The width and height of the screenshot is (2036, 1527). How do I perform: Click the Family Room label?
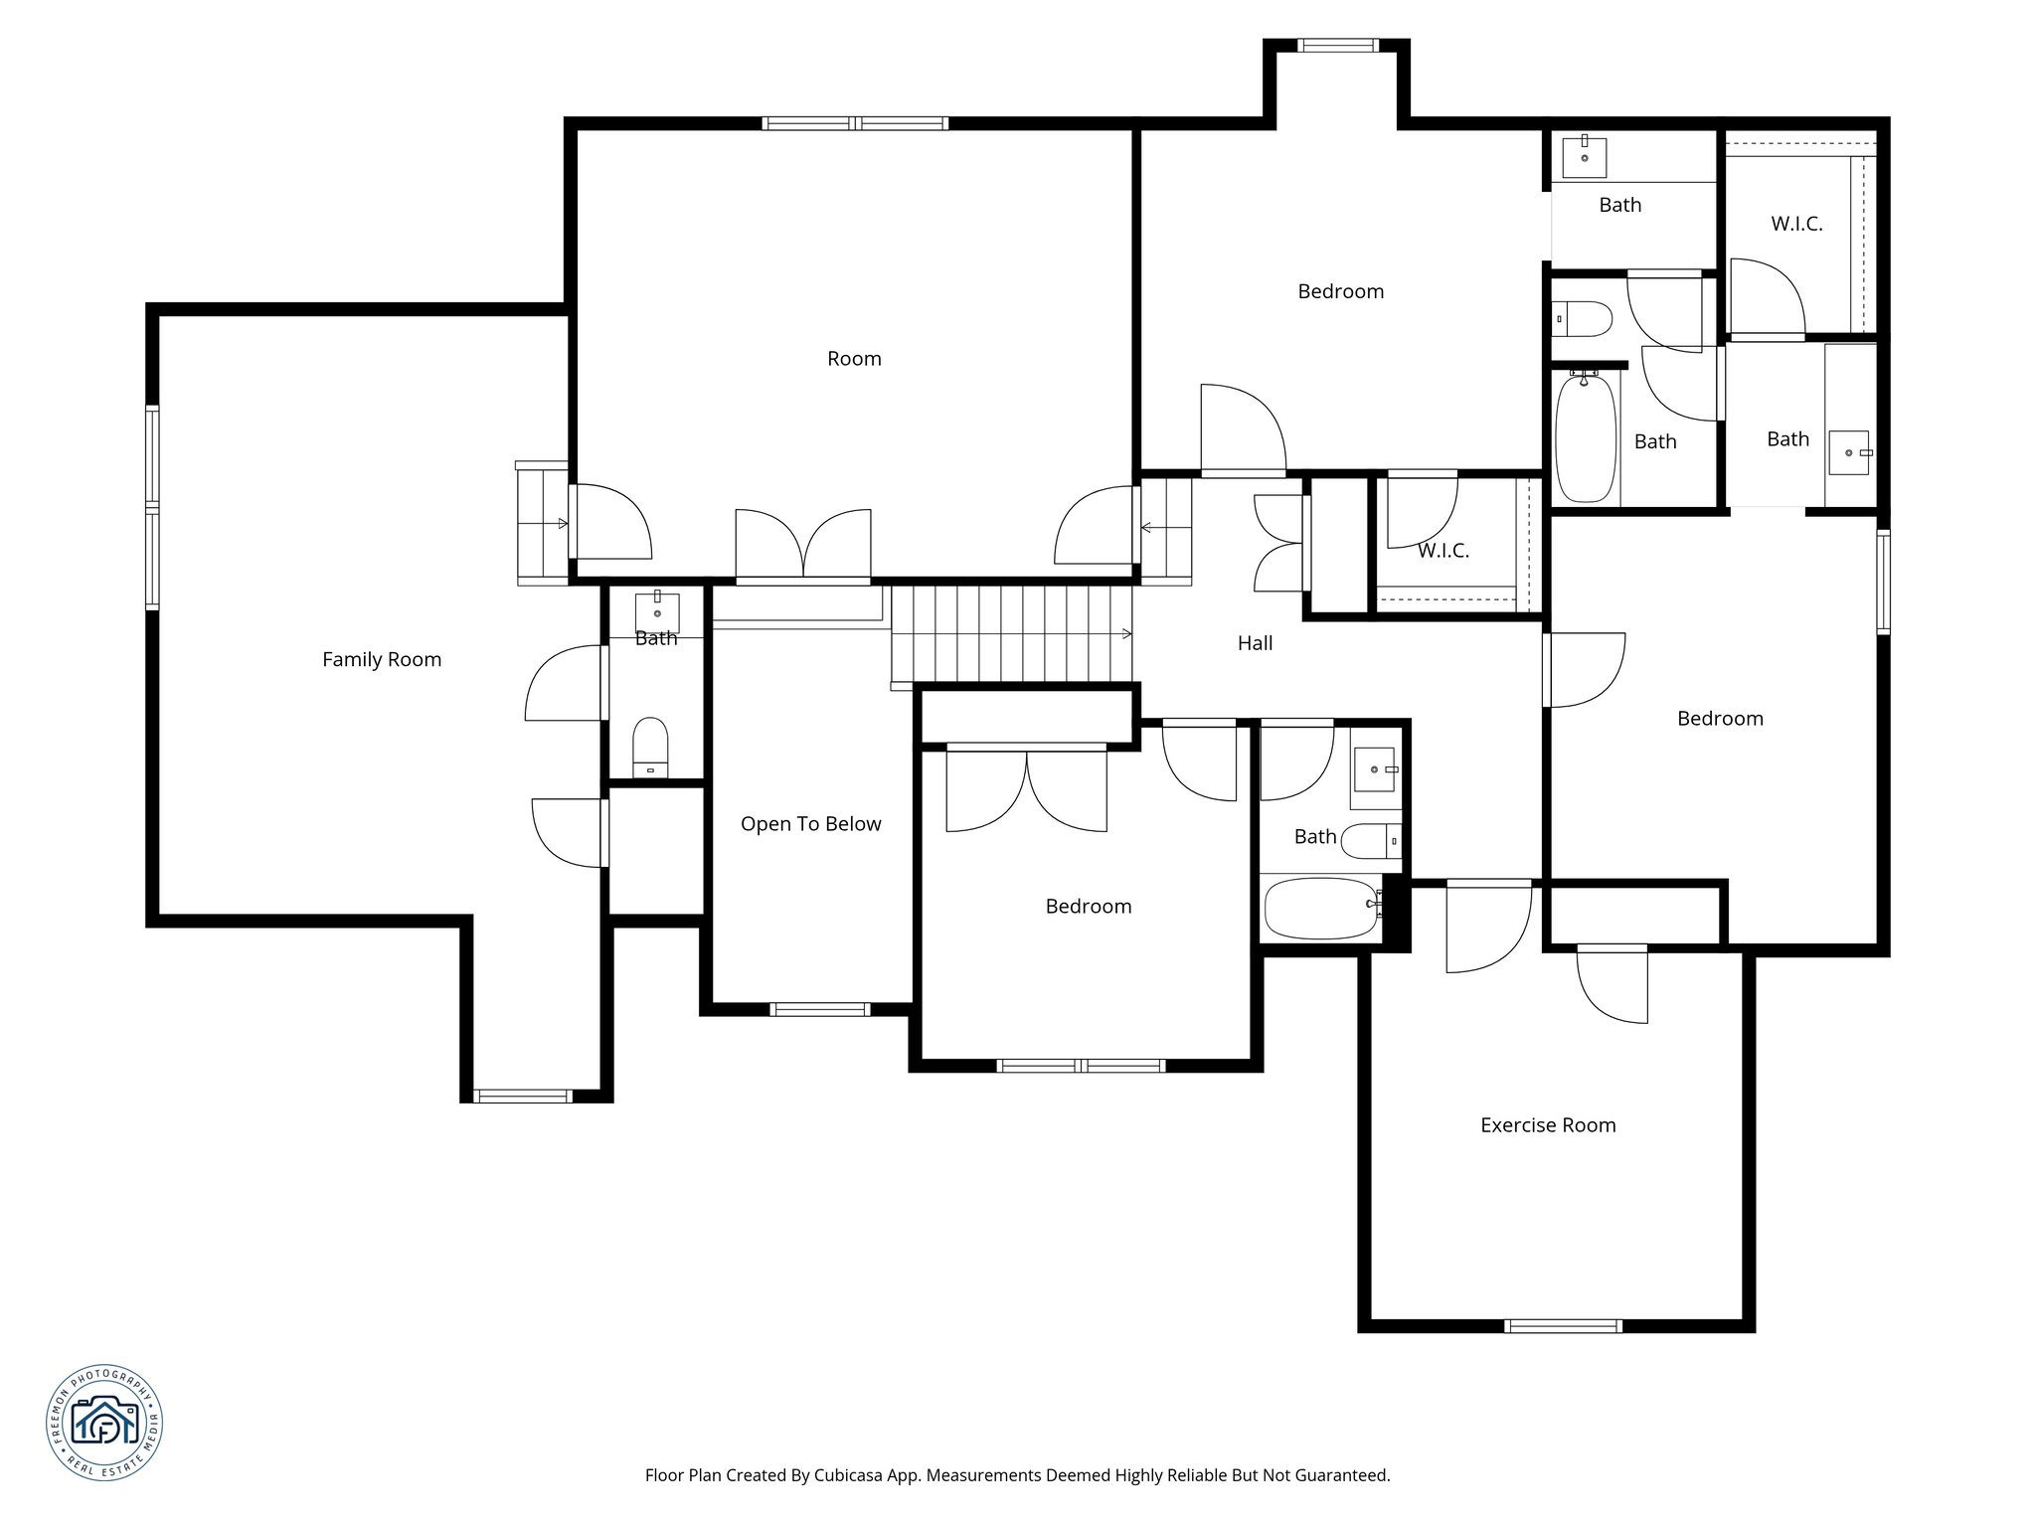382,659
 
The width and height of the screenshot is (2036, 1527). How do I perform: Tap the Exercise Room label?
1548,1125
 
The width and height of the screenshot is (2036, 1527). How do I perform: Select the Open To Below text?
810,824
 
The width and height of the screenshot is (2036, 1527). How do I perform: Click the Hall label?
1255,643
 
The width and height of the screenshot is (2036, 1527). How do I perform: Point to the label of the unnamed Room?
854,359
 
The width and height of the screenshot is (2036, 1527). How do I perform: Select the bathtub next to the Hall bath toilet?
1320,909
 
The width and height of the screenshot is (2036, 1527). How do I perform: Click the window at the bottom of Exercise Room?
1563,1326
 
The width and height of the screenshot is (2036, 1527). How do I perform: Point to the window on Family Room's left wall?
152,507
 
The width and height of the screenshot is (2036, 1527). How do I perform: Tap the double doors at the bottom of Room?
803,545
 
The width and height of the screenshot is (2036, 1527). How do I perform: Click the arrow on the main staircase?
1125,633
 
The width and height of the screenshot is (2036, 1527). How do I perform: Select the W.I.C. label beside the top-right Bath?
1796,224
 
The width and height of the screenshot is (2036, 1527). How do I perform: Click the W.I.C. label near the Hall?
1442,551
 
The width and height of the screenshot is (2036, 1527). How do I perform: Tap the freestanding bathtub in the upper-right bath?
1585,437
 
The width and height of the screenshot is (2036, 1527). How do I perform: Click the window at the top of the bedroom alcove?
1338,45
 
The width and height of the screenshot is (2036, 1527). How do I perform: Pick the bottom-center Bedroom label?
1088,907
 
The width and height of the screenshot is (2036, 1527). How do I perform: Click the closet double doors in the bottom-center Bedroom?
1026,790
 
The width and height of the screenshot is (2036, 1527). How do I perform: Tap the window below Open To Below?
820,1009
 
